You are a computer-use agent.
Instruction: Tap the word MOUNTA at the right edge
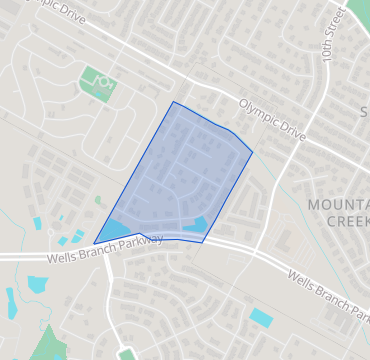point(338,205)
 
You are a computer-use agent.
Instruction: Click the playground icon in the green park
point(97,79)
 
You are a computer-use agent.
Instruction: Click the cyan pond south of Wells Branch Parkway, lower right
point(260,318)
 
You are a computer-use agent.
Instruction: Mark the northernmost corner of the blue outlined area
point(173,101)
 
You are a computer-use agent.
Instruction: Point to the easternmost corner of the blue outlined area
point(252,152)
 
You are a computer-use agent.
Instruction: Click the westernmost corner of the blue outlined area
point(94,243)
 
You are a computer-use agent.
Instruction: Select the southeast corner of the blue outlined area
point(203,242)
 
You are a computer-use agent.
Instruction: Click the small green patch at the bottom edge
point(126,354)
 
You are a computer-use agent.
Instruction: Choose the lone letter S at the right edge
point(364,109)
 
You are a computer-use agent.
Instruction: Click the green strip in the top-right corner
point(358,16)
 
